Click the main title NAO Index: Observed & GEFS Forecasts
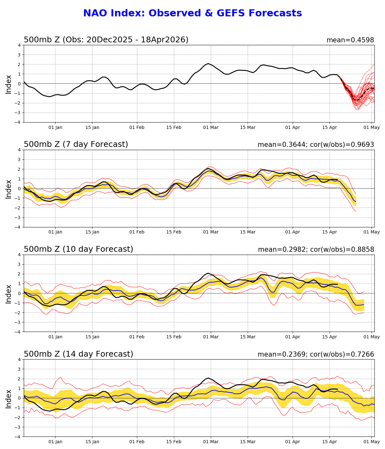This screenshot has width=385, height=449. (x=193, y=13)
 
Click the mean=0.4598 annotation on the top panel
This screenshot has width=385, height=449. (x=350, y=40)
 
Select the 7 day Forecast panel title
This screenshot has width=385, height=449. (x=76, y=144)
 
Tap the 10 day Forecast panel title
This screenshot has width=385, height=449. (x=78, y=249)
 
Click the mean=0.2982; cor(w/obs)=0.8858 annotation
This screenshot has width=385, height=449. (x=316, y=250)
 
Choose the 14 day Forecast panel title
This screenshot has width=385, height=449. (x=78, y=354)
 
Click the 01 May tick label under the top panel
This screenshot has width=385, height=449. (x=372, y=127)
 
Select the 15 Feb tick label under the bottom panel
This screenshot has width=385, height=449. (x=174, y=442)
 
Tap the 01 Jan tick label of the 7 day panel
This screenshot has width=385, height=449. (x=55, y=232)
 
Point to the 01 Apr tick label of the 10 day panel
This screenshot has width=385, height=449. (x=293, y=337)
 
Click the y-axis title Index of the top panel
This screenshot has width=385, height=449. (x=9, y=84)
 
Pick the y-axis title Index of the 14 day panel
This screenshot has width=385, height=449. (x=9, y=398)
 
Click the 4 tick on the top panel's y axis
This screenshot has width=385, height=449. (x=20, y=45)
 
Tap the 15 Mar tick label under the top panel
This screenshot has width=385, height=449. (x=248, y=127)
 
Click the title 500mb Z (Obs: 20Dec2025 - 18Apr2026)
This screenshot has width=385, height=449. (x=106, y=40)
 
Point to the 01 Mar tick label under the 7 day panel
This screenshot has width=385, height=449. (x=211, y=232)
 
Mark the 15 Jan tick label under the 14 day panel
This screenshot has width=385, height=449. (x=92, y=442)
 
